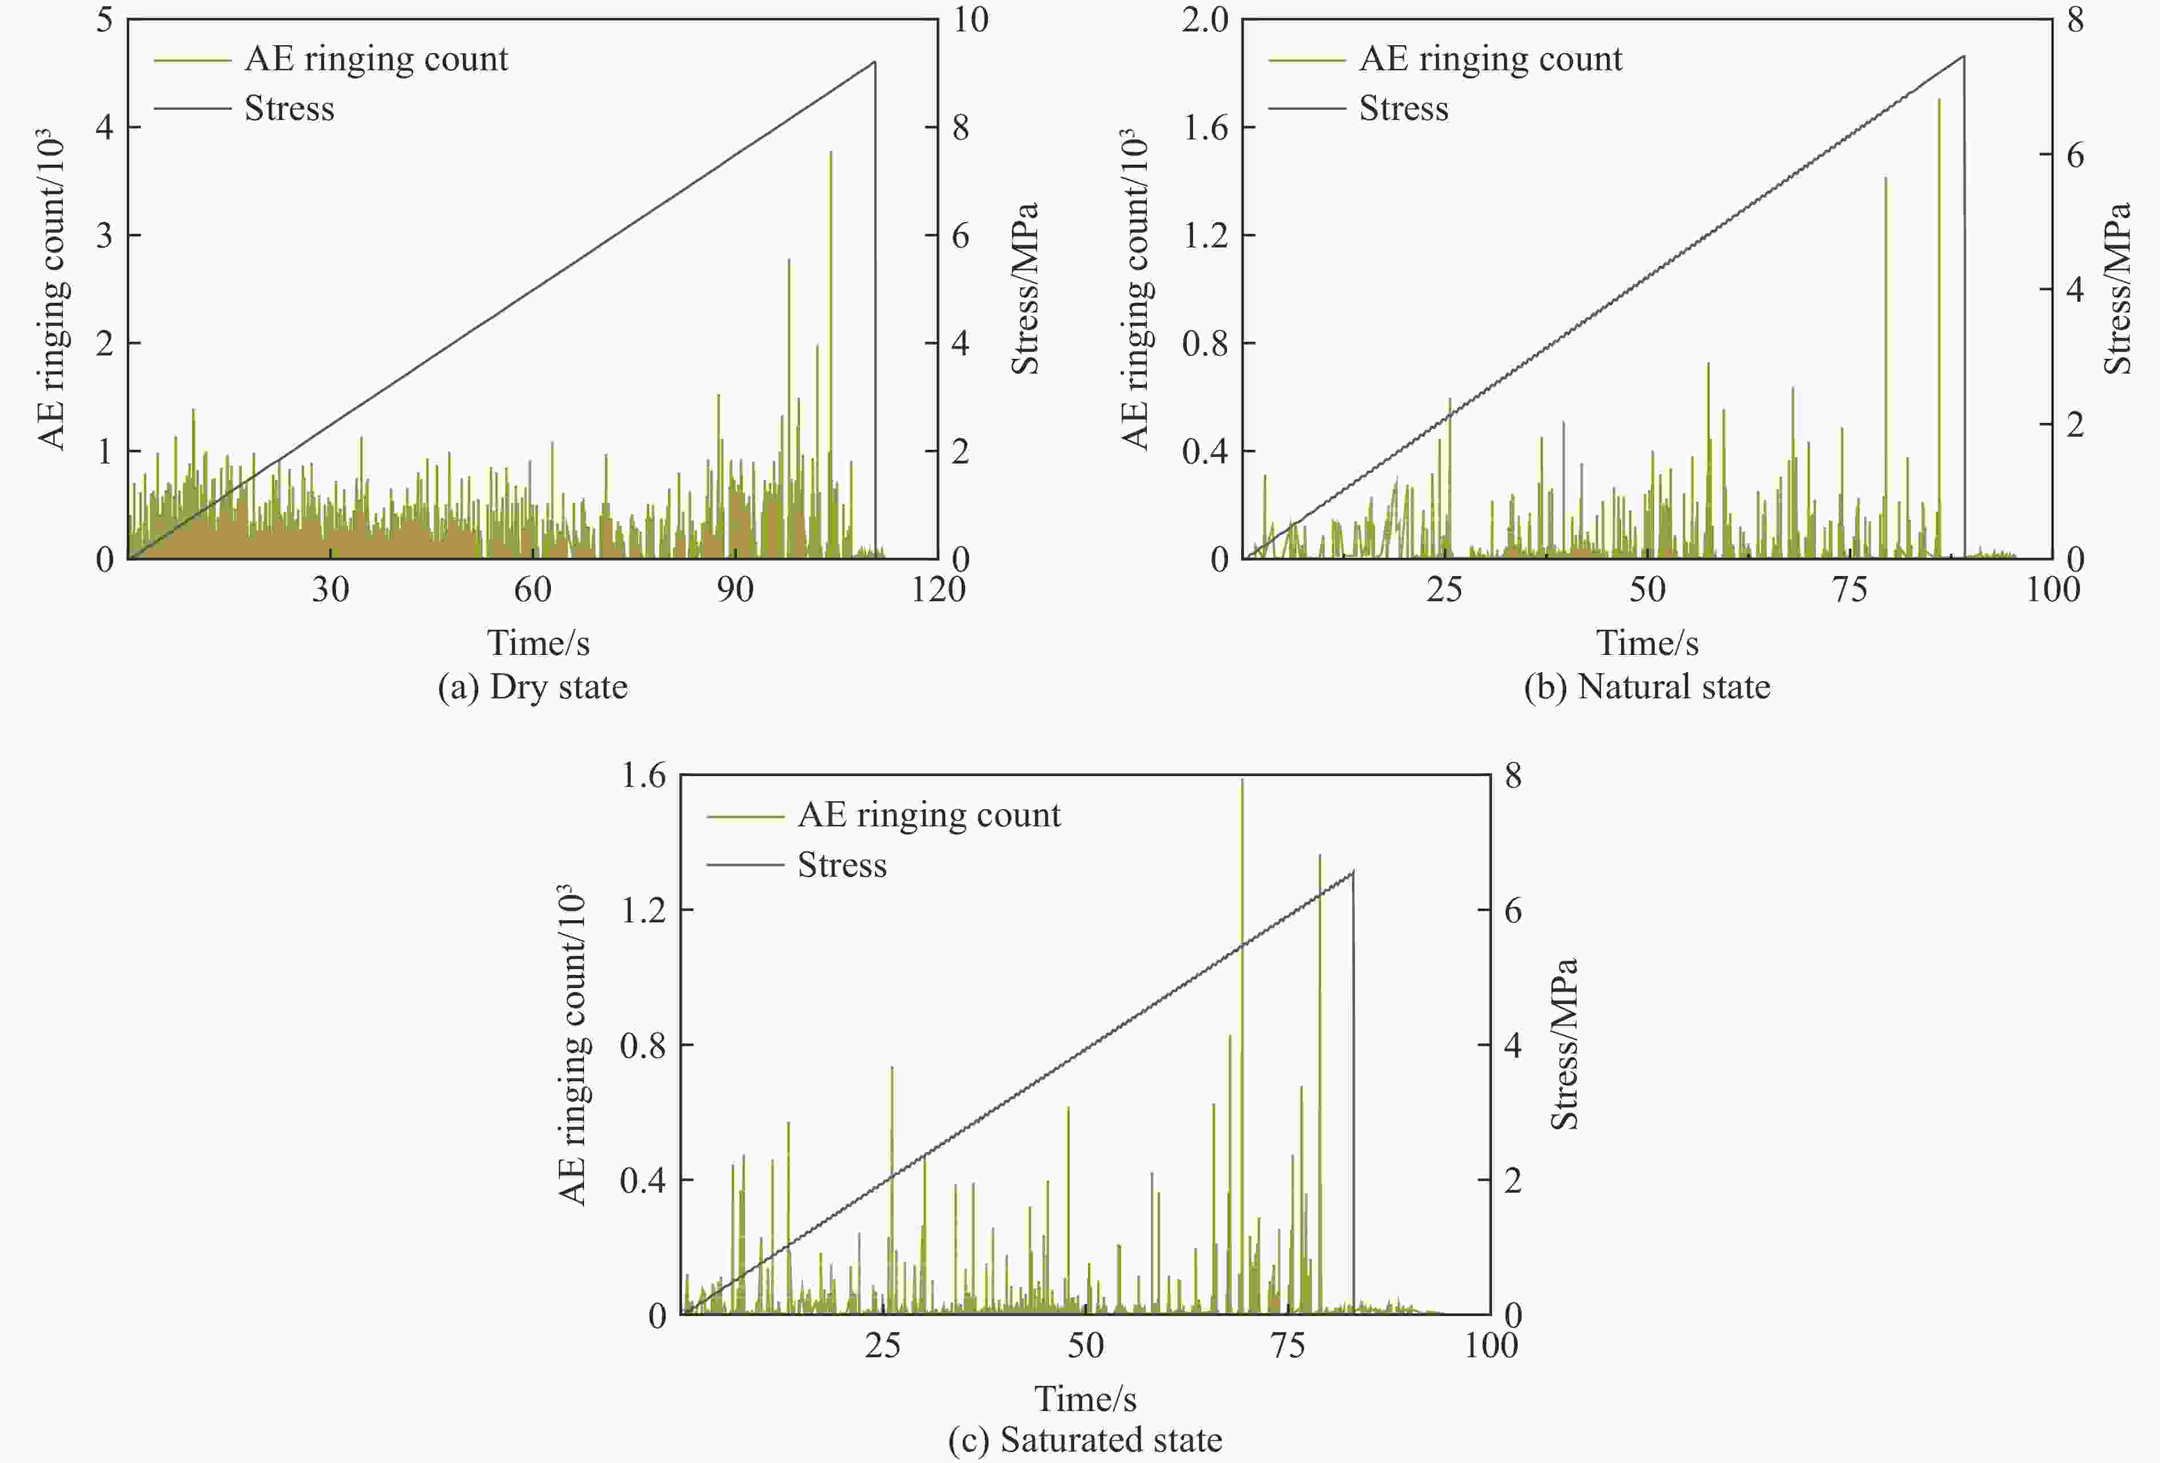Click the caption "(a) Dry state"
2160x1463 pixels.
click(533, 687)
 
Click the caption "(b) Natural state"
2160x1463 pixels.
click(1647, 687)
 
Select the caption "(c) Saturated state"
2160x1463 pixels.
click(1085, 1439)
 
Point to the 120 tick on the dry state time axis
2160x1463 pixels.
click(938, 589)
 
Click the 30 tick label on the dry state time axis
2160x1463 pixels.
click(330, 589)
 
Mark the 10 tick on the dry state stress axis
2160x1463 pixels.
click(970, 19)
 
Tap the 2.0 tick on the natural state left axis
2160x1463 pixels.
click(1205, 19)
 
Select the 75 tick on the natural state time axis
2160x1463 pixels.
click(1850, 589)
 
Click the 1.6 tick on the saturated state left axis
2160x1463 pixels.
click(643, 775)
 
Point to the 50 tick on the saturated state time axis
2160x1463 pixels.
click(1085, 1345)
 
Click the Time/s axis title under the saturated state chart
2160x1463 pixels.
click(1085, 1398)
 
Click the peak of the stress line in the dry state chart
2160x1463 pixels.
click(874, 62)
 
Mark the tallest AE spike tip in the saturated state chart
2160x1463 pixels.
click(1242, 780)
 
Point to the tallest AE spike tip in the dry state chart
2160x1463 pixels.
click(830, 151)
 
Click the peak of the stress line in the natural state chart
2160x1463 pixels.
click(1963, 56)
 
